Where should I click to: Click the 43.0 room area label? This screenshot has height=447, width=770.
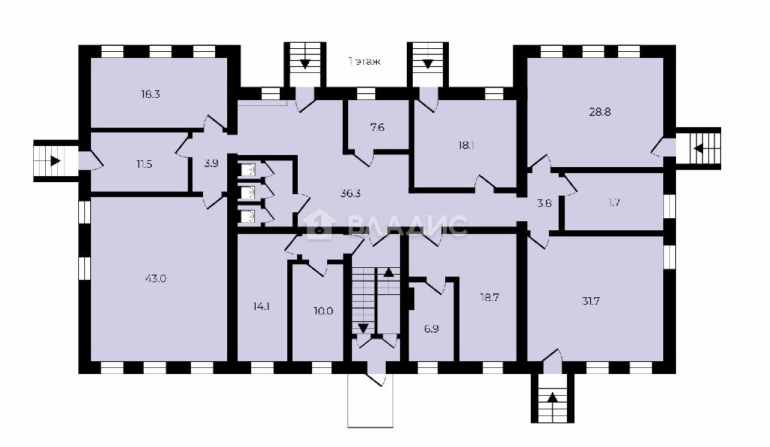[156, 278]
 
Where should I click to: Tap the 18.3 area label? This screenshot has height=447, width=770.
[150, 94]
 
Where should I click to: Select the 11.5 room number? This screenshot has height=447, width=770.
[144, 164]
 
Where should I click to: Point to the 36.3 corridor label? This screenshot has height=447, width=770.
[350, 193]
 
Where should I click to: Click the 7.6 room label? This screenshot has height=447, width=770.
[377, 128]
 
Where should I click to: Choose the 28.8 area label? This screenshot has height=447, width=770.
[599, 111]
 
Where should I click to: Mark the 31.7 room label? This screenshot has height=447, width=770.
[590, 301]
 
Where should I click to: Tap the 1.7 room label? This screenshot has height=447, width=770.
[614, 202]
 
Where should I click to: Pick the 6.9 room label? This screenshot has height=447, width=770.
[431, 329]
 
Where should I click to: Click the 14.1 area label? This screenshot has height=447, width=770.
[261, 306]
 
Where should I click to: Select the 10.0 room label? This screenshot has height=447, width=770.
[323, 311]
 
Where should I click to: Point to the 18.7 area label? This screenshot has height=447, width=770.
[489, 297]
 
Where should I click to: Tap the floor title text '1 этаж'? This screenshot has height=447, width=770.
[364, 62]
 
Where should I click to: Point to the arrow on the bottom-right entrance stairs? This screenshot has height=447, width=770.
[553, 397]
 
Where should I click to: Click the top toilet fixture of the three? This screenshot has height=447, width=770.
[248, 170]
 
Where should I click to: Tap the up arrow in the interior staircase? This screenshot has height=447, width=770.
[389, 272]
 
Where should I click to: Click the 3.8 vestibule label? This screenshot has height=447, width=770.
[544, 202]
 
